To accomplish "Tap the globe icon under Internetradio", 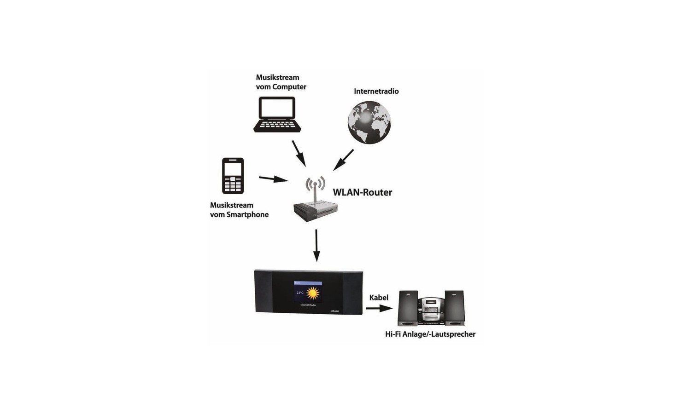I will tap(369, 123).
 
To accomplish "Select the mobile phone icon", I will tap(233, 176).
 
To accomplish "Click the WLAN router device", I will tap(315, 209).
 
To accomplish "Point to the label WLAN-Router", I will tap(362, 192).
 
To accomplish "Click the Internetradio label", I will tap(376, 91).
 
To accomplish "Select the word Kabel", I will tap(379, 298).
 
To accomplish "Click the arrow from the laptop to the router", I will tap(299, 153).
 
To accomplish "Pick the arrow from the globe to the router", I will tap(344, 160).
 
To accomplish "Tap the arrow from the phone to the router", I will tap(274, 178).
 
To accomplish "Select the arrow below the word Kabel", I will tap(379, 308).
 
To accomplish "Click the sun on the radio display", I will tap(313, 293).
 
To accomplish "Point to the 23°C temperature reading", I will tap(300, 293).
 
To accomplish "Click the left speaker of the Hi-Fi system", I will tap(408, 308).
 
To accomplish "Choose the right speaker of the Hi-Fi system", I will tap(454, 308).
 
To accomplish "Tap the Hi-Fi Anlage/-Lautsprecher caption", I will tap(430, 334).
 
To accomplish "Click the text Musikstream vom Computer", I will tap(281, 82).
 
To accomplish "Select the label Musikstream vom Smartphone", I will tap(239, 210).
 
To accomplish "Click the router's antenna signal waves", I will tap(315, 183).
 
